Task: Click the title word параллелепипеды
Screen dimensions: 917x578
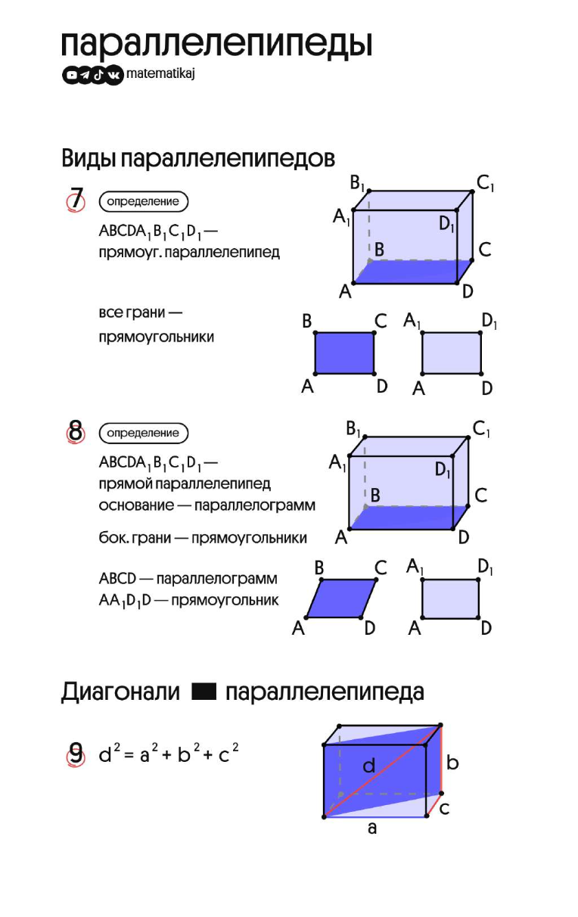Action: click(x=216, y=45)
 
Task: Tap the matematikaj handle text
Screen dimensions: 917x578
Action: click(x=162, y=74)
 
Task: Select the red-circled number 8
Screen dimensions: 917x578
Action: click(x=76, y=433)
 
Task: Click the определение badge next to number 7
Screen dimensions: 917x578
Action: click(x=143, y=202)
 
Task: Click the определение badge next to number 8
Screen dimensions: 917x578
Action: click(x=143, y=434)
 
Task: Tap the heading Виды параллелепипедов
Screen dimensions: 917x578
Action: click(x=197, y=159)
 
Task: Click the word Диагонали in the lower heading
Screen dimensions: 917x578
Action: click(x=120, y=692)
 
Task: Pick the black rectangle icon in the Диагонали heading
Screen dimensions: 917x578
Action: click(x=204, y=692)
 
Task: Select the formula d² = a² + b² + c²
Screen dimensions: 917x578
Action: click(x=169, y=754)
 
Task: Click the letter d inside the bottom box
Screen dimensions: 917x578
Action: click(x=369, y=766)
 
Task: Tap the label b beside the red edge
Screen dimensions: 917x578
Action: click(x=452, y=763)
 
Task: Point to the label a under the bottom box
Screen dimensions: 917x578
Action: click(x=371, y=828)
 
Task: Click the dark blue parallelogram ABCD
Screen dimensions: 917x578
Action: click(x=341, y=598)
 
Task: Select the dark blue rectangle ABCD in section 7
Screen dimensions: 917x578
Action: click(x=344, y=353)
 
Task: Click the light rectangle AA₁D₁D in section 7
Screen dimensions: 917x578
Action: click(x=451, y=353)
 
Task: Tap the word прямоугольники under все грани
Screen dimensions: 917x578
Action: click(x=156, y=337)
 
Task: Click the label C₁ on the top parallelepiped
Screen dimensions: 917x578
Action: click(x=485, y=183)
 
